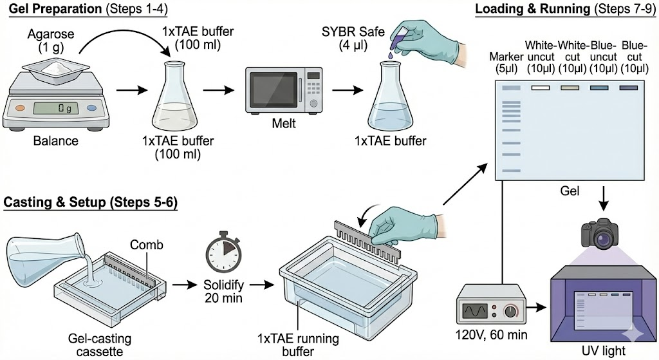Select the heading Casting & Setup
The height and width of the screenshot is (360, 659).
(57, 202)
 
